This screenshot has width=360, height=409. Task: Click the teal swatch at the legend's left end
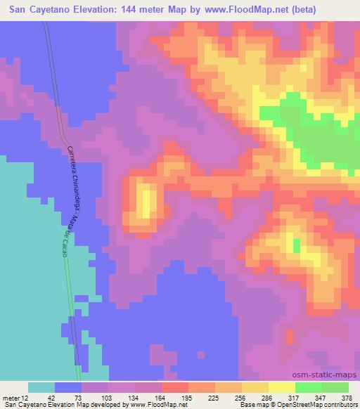click(x=41, y=387)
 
